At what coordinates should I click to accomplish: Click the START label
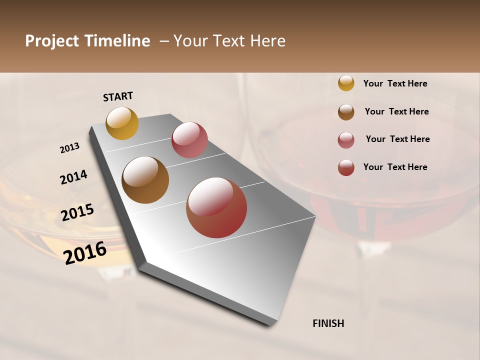pyautogui.click(x=118, y=96)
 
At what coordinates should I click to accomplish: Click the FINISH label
pyautogui.click(x=328, y=323)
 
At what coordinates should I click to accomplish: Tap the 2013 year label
pyautogui.click(x=69, y=148)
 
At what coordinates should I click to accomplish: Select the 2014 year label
pyautogui.click(x=73, y=177)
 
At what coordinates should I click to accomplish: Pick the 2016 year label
pyautogui.click(x=85, y=252)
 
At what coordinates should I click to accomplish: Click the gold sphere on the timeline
pyautogui.click(x=122, y=123)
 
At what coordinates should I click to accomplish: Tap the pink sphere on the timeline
pyautogui.click(x=189, y=140)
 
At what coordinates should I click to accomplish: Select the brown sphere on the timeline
pyautogui.click(x=145, y=180)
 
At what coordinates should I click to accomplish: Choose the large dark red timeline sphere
pyautogui.click(x=216, y=207)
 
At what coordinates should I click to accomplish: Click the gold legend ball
pyautogui.click(x=346, y=83)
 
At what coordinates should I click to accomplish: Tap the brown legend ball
pyautogui.click(x=346, y=112)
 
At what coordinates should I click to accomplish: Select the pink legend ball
pyautogui.click(x=346, y=140)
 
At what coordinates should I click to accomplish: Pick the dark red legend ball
pyautogui.click(x=346, y=167)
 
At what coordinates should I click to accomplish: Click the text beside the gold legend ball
pyautogui.click(x=395, y=83)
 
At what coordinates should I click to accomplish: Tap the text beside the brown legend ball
pyautogui.click(x=396, y=111)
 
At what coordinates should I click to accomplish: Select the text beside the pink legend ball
pyautogui.click(x=397, y=139)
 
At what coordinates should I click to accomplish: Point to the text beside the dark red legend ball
pyautogui.click(x=395, y=167)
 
